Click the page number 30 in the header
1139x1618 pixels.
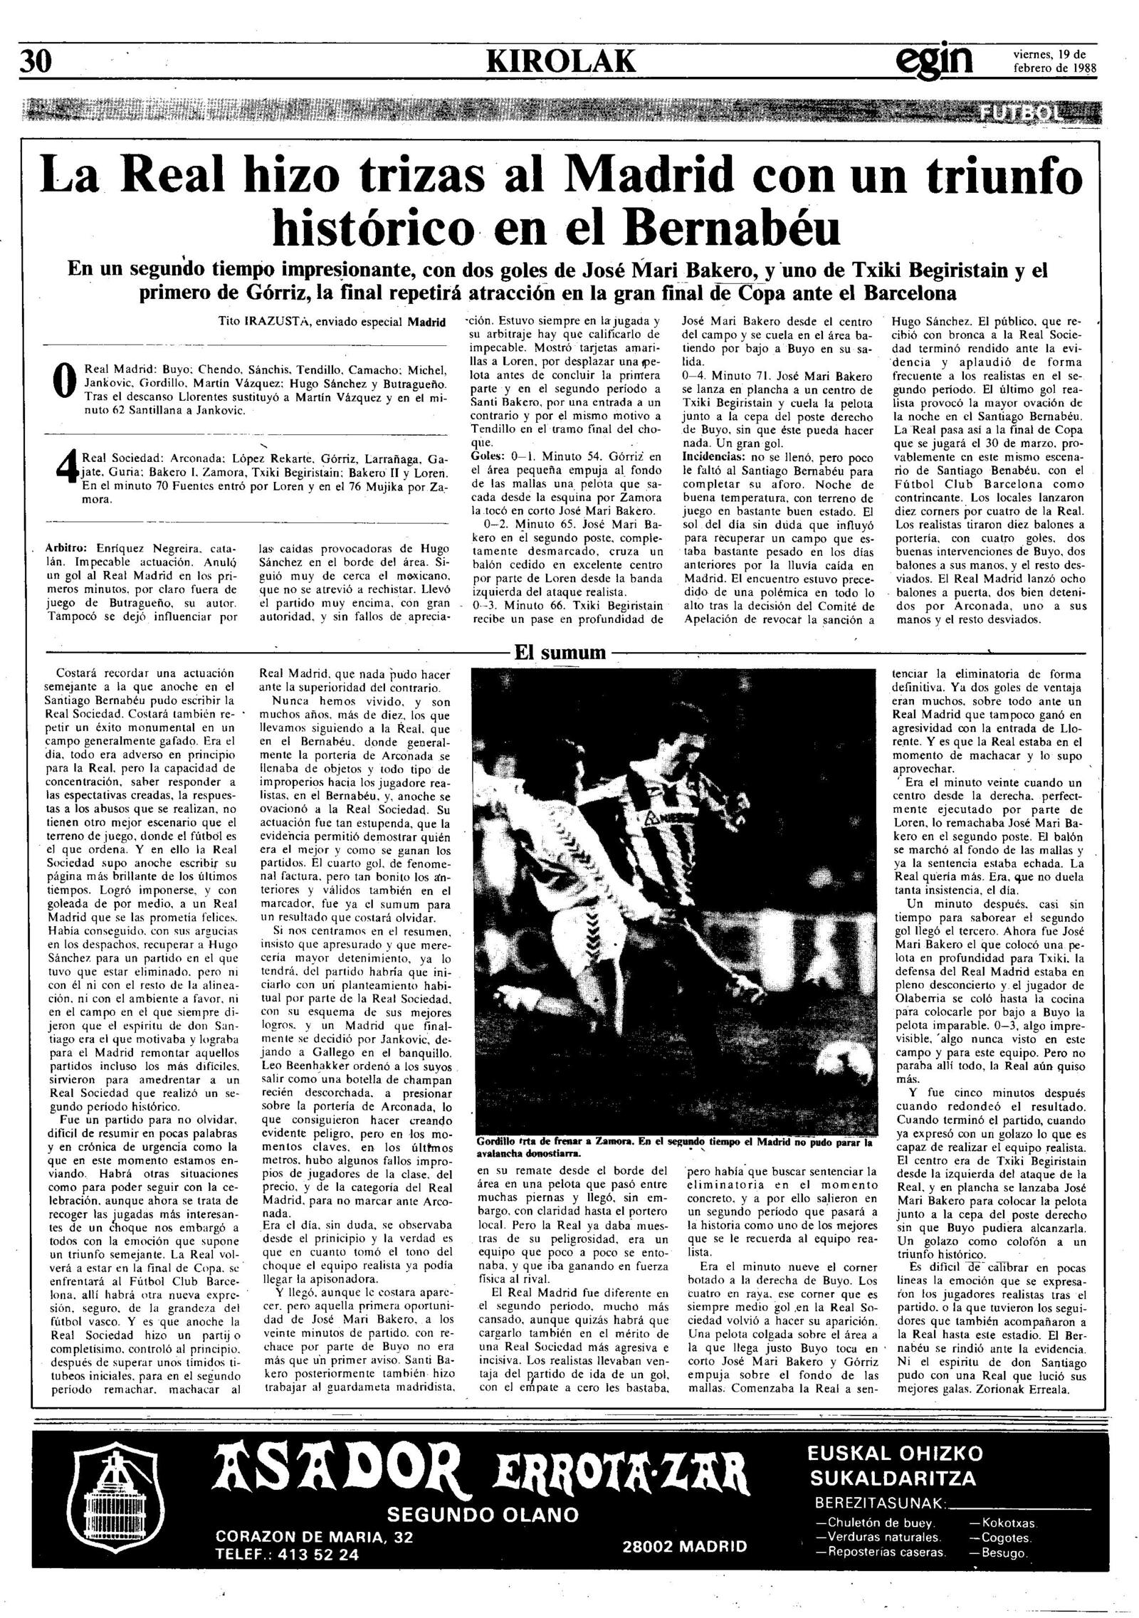click(36, 63)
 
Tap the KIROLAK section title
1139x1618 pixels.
click(560, 63)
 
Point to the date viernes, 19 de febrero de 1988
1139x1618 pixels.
click(1053, 63)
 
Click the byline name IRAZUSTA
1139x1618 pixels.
click(274, 322)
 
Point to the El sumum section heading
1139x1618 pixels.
click(560, 652)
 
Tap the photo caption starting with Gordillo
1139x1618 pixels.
click(673, 1147)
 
